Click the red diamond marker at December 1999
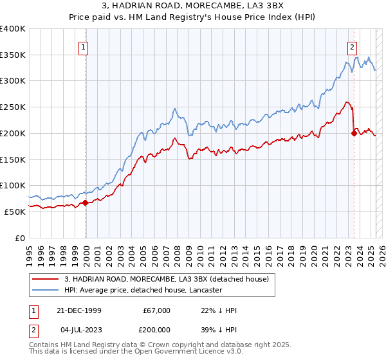coord(86,203)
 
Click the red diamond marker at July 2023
coord(354,134)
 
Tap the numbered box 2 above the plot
coord(353,46)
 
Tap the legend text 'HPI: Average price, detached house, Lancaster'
coord(143,290)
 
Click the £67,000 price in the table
coord(156,310)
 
